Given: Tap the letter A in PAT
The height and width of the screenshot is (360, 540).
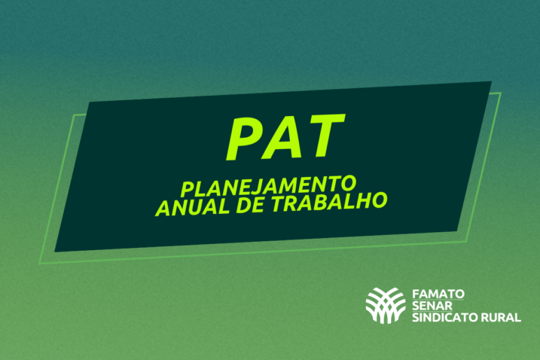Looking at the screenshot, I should click(x=286, y=137).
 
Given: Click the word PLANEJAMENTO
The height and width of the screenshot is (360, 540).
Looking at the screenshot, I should click(x=268, y=185).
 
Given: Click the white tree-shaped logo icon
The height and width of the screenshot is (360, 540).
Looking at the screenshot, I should click(x=385, y=304).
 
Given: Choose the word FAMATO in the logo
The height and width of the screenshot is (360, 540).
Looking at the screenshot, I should click(x=438, y=291).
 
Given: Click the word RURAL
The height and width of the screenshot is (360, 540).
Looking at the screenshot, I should click(x=502, y=318).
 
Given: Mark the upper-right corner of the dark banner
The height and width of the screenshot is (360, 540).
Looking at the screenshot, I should click(x=491, y=81).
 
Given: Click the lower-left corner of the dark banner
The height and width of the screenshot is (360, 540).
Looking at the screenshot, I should click(x=54, y=252).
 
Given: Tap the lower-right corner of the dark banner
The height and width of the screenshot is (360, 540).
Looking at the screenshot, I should click(x=456, y=230).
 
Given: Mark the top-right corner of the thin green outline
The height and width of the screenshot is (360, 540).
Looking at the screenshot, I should click(x=501, y=93).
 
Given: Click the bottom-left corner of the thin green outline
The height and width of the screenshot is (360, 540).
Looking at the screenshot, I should click(x=40, y=264).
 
